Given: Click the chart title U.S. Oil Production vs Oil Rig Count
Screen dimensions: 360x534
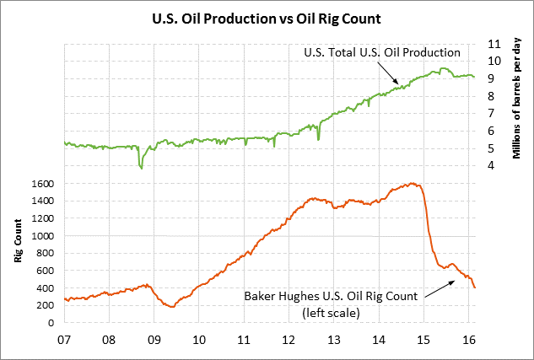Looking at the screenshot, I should [x=267, y=17].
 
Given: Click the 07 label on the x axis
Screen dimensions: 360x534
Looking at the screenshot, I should [x=64, y=341].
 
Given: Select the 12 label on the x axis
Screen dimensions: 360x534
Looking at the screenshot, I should [x=289, y=341].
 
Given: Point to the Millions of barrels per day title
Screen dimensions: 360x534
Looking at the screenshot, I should [x=517, y=99].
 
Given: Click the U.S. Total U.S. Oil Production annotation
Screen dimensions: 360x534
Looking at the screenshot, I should [x=381, y=53].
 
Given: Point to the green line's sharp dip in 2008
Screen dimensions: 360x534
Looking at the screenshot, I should [x=141, y=168].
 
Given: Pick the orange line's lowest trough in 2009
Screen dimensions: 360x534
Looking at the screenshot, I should [x=172, y=306].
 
